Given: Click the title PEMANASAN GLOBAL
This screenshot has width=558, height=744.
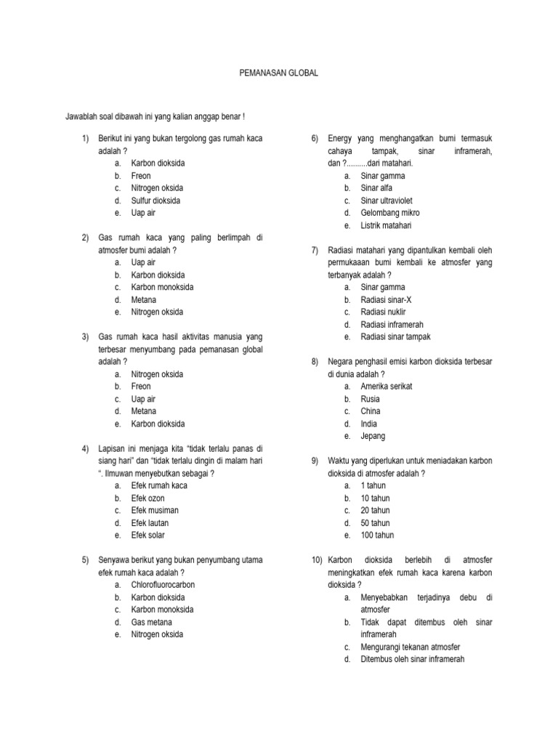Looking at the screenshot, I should (x=280, y=74).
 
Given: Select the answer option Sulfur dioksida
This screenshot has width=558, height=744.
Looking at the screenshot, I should (x=155, y=201).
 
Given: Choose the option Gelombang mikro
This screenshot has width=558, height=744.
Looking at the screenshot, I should (x=390, y=213).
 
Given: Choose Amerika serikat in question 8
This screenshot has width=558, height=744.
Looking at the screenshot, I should (x=387, y=387).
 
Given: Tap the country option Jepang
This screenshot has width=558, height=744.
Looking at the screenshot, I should (x=373, y=437).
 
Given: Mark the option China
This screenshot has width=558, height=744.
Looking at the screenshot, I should (x=371, y=411).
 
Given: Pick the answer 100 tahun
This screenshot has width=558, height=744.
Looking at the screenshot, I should (x=377, y=535).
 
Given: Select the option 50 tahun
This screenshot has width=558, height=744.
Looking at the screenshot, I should (x=375, y=523).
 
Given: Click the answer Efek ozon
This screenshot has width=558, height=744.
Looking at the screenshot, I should (x=147, y=498).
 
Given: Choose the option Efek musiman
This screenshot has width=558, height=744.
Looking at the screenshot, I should (x=155, y=511).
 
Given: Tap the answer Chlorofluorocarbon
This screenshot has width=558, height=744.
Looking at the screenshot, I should (x=163, y=585).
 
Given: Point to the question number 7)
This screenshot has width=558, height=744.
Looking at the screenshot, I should (x=315, y=251).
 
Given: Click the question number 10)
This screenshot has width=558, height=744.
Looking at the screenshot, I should (x=316, y=560).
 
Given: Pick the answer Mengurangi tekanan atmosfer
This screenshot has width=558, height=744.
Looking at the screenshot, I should (x=411, y=647).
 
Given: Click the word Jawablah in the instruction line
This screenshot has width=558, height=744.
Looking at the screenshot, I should (x=81, y=116).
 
